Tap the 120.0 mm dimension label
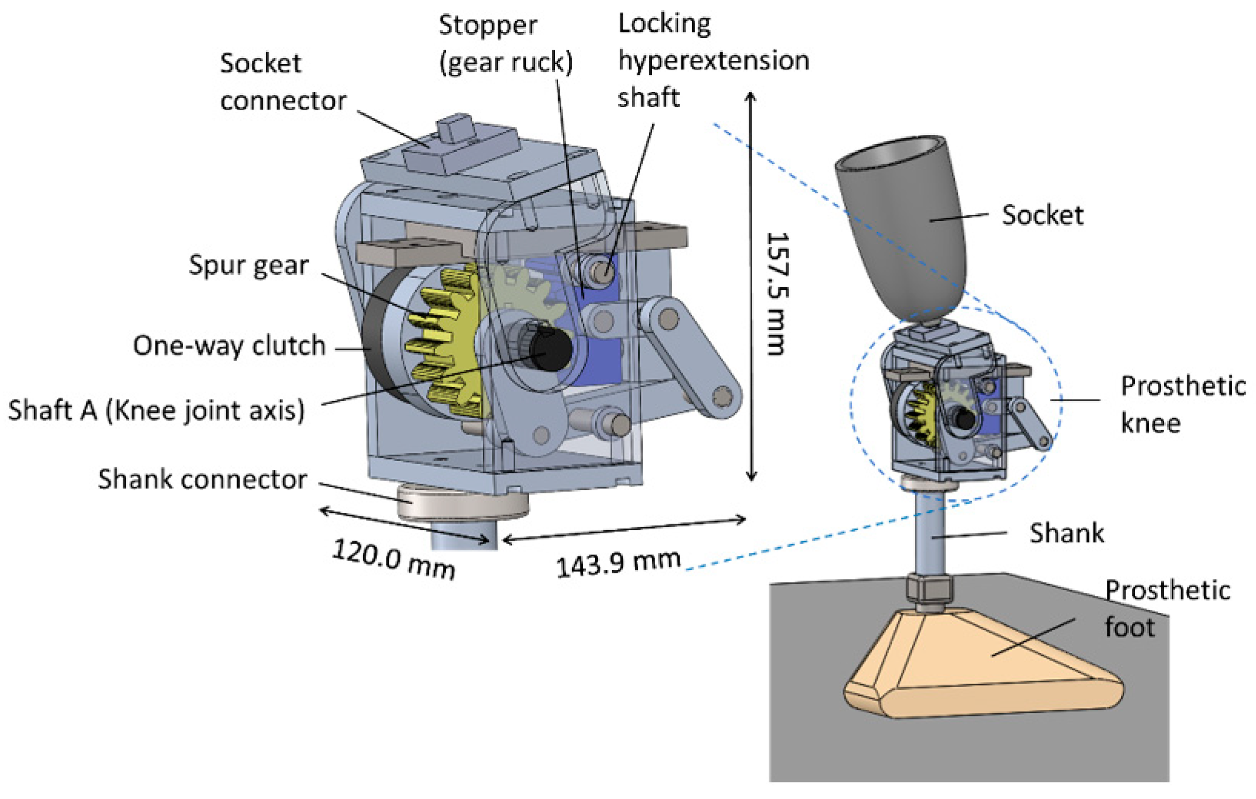tap(394, 558)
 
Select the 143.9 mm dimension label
tap(618, 563)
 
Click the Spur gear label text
tap(249, 266)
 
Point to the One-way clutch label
tap(229, 346)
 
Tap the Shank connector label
tap(202, 479)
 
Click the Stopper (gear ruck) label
tap(505, 44)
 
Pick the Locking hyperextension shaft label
tap(713, 61)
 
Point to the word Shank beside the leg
tap(1066, 533)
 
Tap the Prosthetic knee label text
tap(1182, 405)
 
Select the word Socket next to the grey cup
tap(1042, 215)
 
